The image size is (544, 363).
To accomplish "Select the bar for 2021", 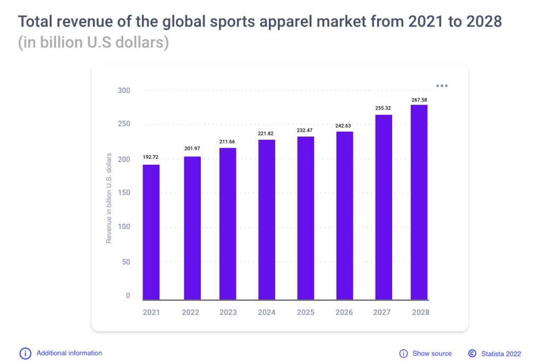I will click(151, 232).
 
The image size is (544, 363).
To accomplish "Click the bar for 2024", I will click(267, 220).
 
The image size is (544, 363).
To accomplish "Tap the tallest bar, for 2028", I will click(419, 202).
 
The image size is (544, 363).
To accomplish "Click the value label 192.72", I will click(151, 157).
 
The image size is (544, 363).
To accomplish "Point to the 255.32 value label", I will click(383, 107).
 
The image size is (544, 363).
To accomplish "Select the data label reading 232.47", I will click(305, 130).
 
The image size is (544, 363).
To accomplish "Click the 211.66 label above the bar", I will click(228, 141).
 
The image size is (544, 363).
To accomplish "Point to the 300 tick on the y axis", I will click(124, 90).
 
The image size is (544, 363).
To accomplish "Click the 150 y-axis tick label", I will click(124, 192).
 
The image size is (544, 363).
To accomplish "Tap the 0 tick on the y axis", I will click(127, 296).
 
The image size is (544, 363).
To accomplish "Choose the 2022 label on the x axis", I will click(190, 312).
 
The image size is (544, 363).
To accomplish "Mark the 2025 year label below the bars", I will click(305, 312).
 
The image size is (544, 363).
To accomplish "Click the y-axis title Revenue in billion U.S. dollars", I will click(109, 198).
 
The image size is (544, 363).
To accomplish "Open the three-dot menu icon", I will click(442, 86).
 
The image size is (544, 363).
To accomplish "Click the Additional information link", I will click(69, 353).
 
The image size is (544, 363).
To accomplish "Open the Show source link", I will click(432, 353).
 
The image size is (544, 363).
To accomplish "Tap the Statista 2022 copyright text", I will click(500, 353).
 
